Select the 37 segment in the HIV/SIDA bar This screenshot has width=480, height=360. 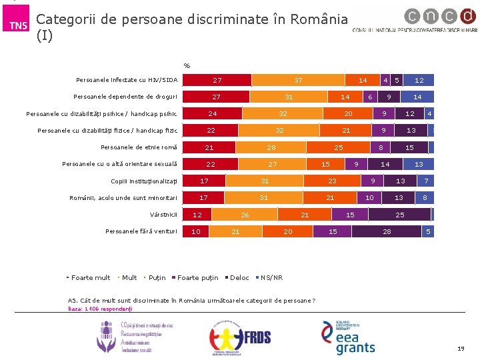point(298,80)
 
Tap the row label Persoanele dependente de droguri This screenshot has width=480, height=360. point(126,97)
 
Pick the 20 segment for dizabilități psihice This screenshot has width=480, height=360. point(348,113)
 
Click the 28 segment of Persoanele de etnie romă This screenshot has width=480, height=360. point(271,147)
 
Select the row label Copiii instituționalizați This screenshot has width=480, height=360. point(145,181)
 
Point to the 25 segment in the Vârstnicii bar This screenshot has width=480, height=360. point(399,215)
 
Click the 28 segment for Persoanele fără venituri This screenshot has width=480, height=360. point(387,231)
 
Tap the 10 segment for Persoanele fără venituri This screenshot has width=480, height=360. point(195,231)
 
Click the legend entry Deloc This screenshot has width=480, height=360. point(239,277)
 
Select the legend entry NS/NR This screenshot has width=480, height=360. point(271,277)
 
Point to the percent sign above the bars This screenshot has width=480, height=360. point(187,66)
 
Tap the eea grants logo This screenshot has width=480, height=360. point(349,337)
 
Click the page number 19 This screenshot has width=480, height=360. point(461,349)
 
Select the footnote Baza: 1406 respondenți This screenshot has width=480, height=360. point(101,309)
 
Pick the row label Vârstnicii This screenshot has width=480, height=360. point(164,215)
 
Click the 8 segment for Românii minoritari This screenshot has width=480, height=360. point(425,197)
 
